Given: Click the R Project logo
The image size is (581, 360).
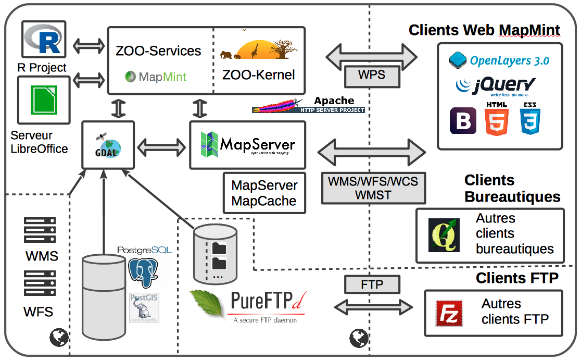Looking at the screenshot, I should pyautogui.click(x=44, y=40).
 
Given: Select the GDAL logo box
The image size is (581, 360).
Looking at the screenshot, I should pyautogui.click(x=108, y=145).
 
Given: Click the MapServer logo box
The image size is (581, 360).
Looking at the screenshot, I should pyautogui.click(x=247, y=145).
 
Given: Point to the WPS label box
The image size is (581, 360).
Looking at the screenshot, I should pyautogui.click(x=372, y=75).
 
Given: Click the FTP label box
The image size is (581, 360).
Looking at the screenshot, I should pyautogui.click(x=372, y=284).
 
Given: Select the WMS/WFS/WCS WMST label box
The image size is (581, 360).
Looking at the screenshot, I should pyautogui.click(x=373, y=188).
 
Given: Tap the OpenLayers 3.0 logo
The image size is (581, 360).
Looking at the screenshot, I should pyautogui.click(x=499, y=60).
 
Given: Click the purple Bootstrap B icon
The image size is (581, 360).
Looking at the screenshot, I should pyautogui.click(x=463, y=121).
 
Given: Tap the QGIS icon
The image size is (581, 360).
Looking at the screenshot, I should pyautogui.click(x=444, y=235).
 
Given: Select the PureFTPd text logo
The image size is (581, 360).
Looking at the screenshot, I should pyautogui.click(x=266, y=307).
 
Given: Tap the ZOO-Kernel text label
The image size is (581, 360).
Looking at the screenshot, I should pyautogui.click(x=258, y=75).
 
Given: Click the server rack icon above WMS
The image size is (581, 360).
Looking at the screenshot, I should pyautogui.click(x=40, y=230).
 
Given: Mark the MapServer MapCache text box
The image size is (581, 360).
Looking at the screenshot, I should pyautogui.click(x=264, y=193).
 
